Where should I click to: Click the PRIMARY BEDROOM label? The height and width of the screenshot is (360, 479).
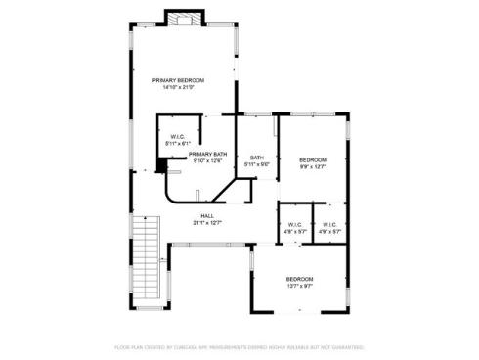(178, 79)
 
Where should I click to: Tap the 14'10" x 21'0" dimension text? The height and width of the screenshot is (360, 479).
(178, 87)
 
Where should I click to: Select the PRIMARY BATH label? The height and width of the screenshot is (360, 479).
(208, 154)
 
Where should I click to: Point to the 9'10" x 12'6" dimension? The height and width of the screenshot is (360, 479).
(208, 160)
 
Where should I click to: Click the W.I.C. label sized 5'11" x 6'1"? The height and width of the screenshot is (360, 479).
(178, 136)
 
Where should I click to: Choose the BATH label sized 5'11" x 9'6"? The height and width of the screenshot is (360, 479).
(257, 157)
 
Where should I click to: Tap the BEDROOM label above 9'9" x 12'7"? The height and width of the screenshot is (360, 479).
(313, 159)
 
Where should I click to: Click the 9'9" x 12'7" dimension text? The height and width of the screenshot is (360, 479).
(313, 166)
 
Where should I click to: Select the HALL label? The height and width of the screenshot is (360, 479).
(207, 216)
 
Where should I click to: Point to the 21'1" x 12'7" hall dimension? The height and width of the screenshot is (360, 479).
(207, 223)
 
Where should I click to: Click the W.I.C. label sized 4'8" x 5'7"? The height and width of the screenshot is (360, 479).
(294, 225)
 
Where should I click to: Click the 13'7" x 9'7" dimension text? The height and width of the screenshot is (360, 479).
(300, 286)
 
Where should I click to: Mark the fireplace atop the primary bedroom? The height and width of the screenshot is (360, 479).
(182, 19)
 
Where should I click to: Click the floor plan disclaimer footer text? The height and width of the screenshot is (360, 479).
(239, 346)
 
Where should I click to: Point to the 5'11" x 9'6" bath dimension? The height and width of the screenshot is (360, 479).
(257, 164)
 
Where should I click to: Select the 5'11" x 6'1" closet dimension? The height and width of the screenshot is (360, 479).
(178, 144)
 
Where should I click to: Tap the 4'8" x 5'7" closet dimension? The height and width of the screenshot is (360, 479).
(294, 232)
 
